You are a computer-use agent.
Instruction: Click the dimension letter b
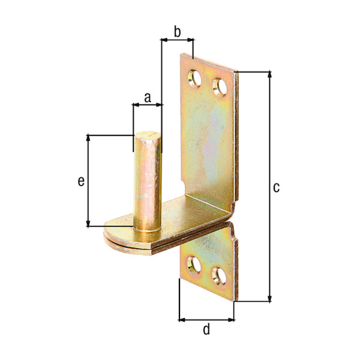(177, 31)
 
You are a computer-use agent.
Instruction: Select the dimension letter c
(276, 188)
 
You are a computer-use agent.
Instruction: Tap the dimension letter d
(206, 329)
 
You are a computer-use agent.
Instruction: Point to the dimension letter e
(80, 181)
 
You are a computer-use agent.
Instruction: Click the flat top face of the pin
(147, 136)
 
